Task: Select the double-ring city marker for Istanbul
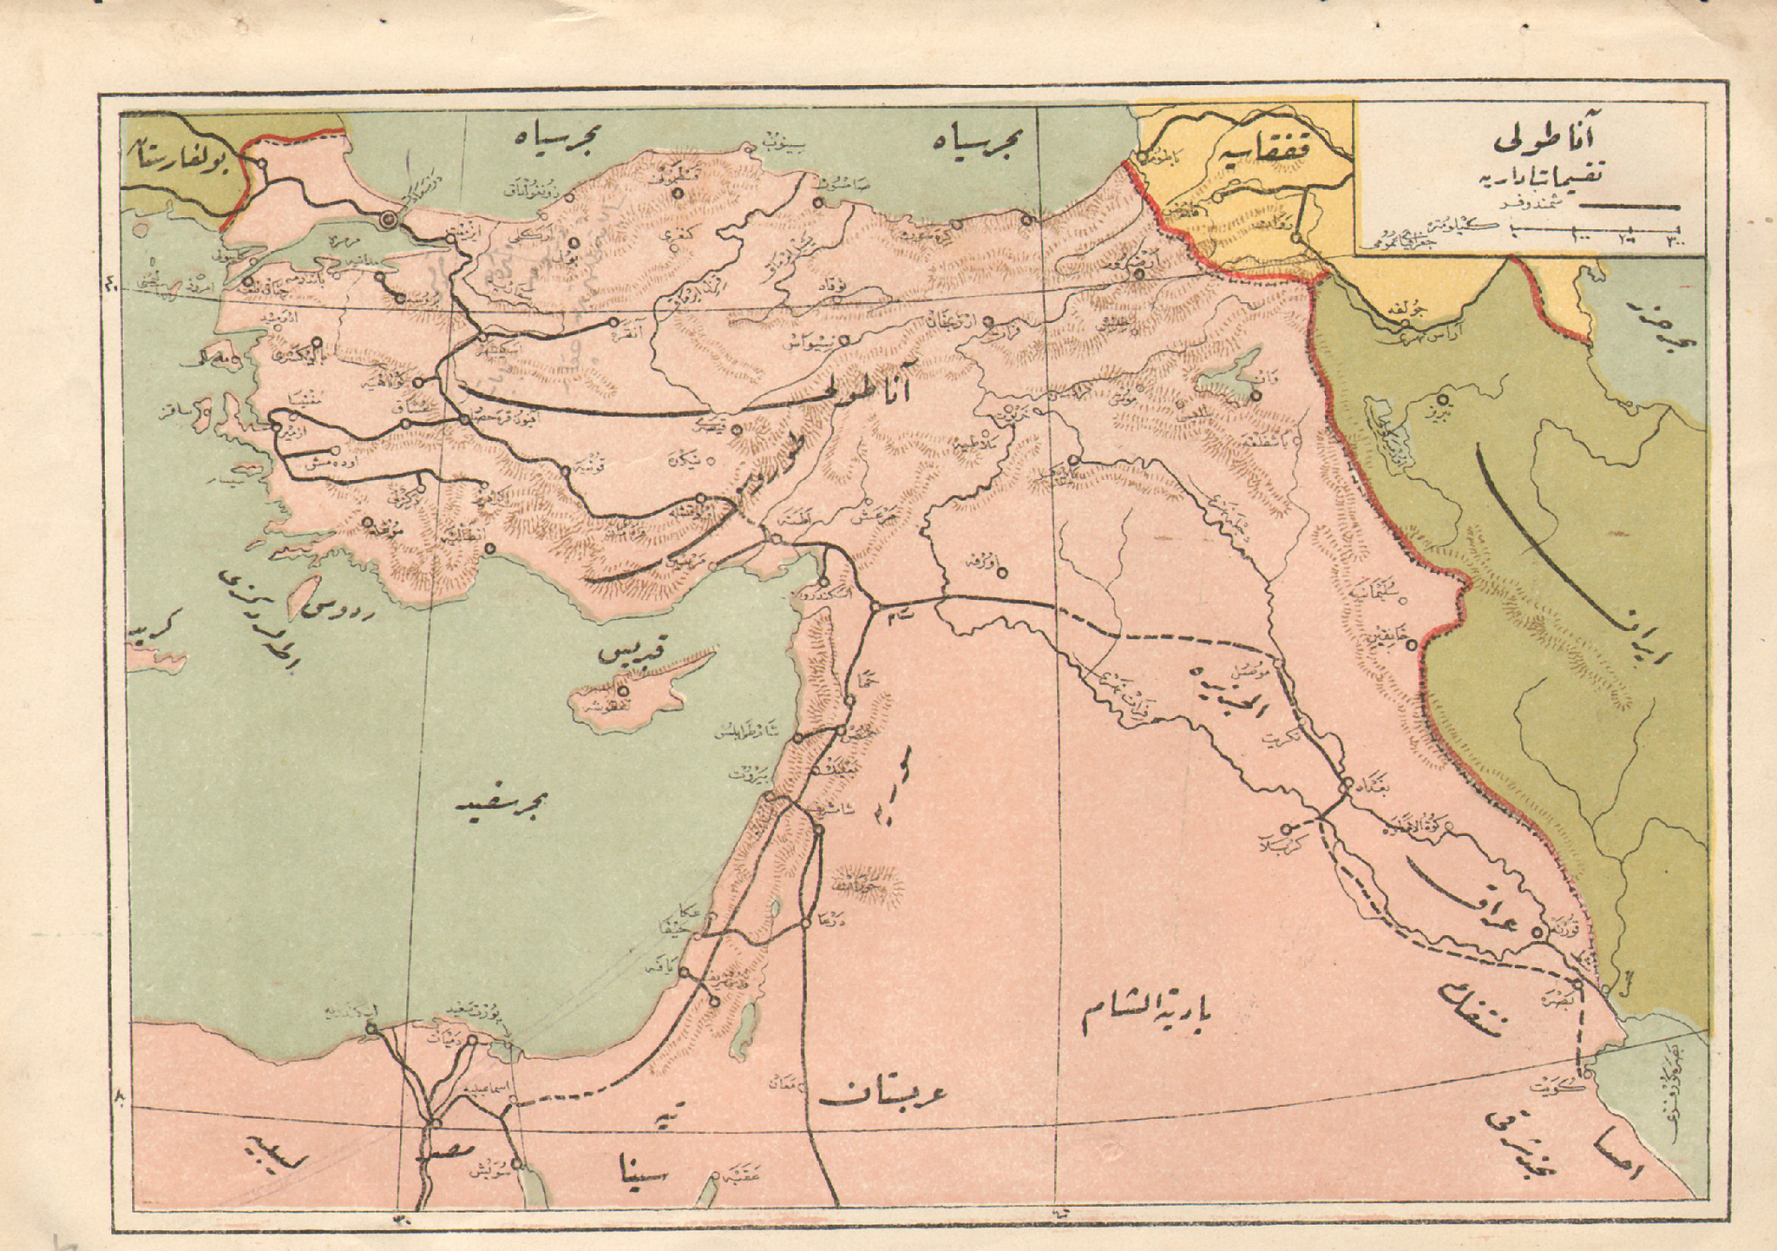click(x=390, y=220)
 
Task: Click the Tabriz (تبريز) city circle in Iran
click(x=1443, y=400)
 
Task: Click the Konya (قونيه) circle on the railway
click(x=565, y=471)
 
